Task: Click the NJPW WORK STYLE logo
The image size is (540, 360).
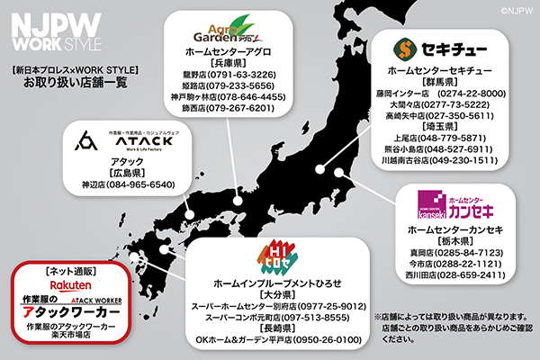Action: tap(55, 31)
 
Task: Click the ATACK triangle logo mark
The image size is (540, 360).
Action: tap(87, 142)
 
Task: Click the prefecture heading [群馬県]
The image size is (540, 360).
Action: tap(443, 82)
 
